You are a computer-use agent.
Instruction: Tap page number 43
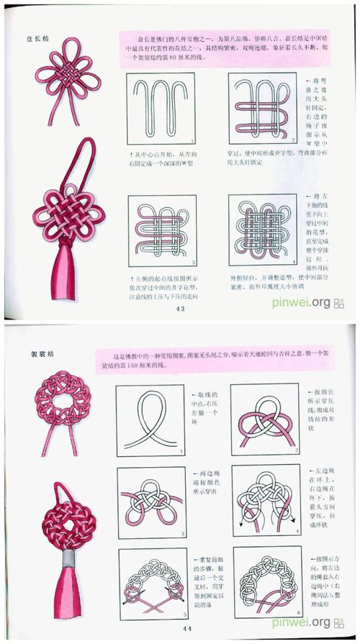179,309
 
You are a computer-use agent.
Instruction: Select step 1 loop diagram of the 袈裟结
149,420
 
